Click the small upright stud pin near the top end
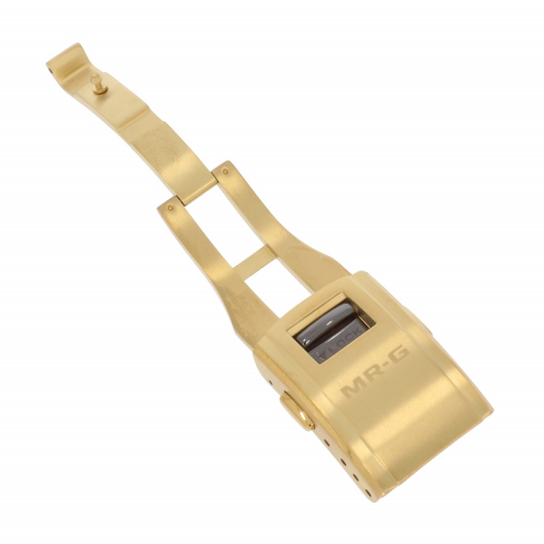99,84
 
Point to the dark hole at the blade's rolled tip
51,71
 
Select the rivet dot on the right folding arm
225,171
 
